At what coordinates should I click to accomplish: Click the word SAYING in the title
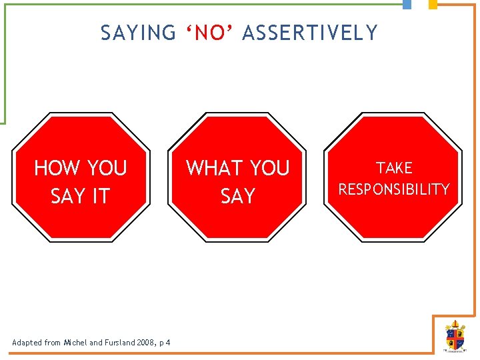138,33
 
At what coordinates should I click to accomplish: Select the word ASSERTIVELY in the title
310,33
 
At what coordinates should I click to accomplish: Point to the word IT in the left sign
99,196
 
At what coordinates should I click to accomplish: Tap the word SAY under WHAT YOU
238,196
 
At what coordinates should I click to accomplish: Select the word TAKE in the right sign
394,168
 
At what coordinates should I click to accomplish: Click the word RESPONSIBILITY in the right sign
394,189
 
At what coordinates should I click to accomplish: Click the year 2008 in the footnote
145,343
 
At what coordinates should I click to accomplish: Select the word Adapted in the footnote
27,343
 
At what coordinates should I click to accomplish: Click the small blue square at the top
407,4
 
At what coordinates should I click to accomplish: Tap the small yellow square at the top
433,4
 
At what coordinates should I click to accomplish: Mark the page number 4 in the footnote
168,343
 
